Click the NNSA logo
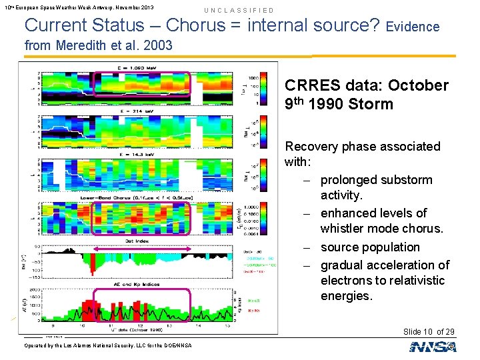[433, 346]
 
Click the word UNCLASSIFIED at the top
[239, 11]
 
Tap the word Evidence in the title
[412, 27]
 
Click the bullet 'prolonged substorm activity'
[376, 188]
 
